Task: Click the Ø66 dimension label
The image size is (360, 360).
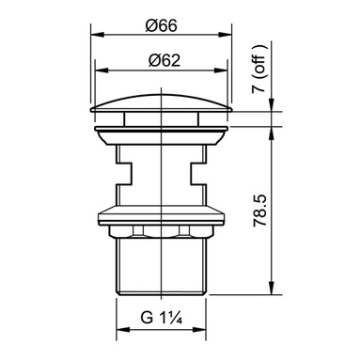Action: click(161, 25)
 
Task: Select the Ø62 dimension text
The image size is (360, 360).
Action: click(164, 60)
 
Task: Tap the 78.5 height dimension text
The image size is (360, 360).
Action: click(260, 210)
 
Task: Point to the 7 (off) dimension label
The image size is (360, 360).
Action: click(260, 69)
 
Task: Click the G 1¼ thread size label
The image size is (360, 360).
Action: click(162, 318)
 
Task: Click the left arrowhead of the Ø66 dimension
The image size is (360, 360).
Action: click(97, 34)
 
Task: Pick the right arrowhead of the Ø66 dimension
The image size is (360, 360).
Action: click(226, 34)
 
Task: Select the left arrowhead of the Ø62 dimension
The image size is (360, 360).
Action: click(101, 70)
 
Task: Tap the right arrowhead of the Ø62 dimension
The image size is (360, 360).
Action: click(221, 70)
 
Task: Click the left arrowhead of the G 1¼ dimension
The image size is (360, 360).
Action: click(123, 330)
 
